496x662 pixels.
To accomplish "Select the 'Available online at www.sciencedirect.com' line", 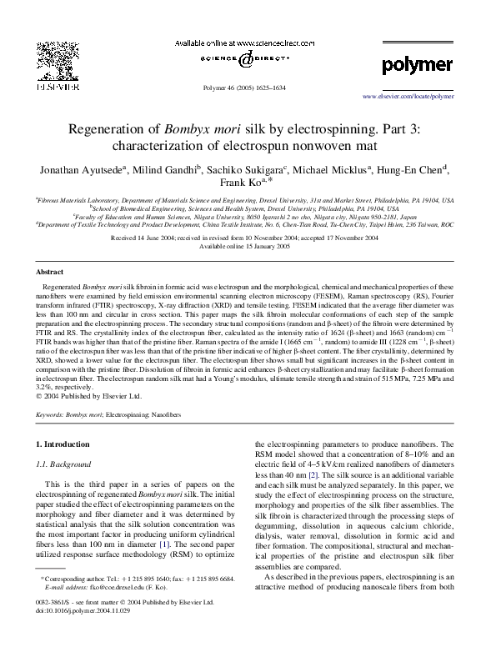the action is [248, 42].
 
